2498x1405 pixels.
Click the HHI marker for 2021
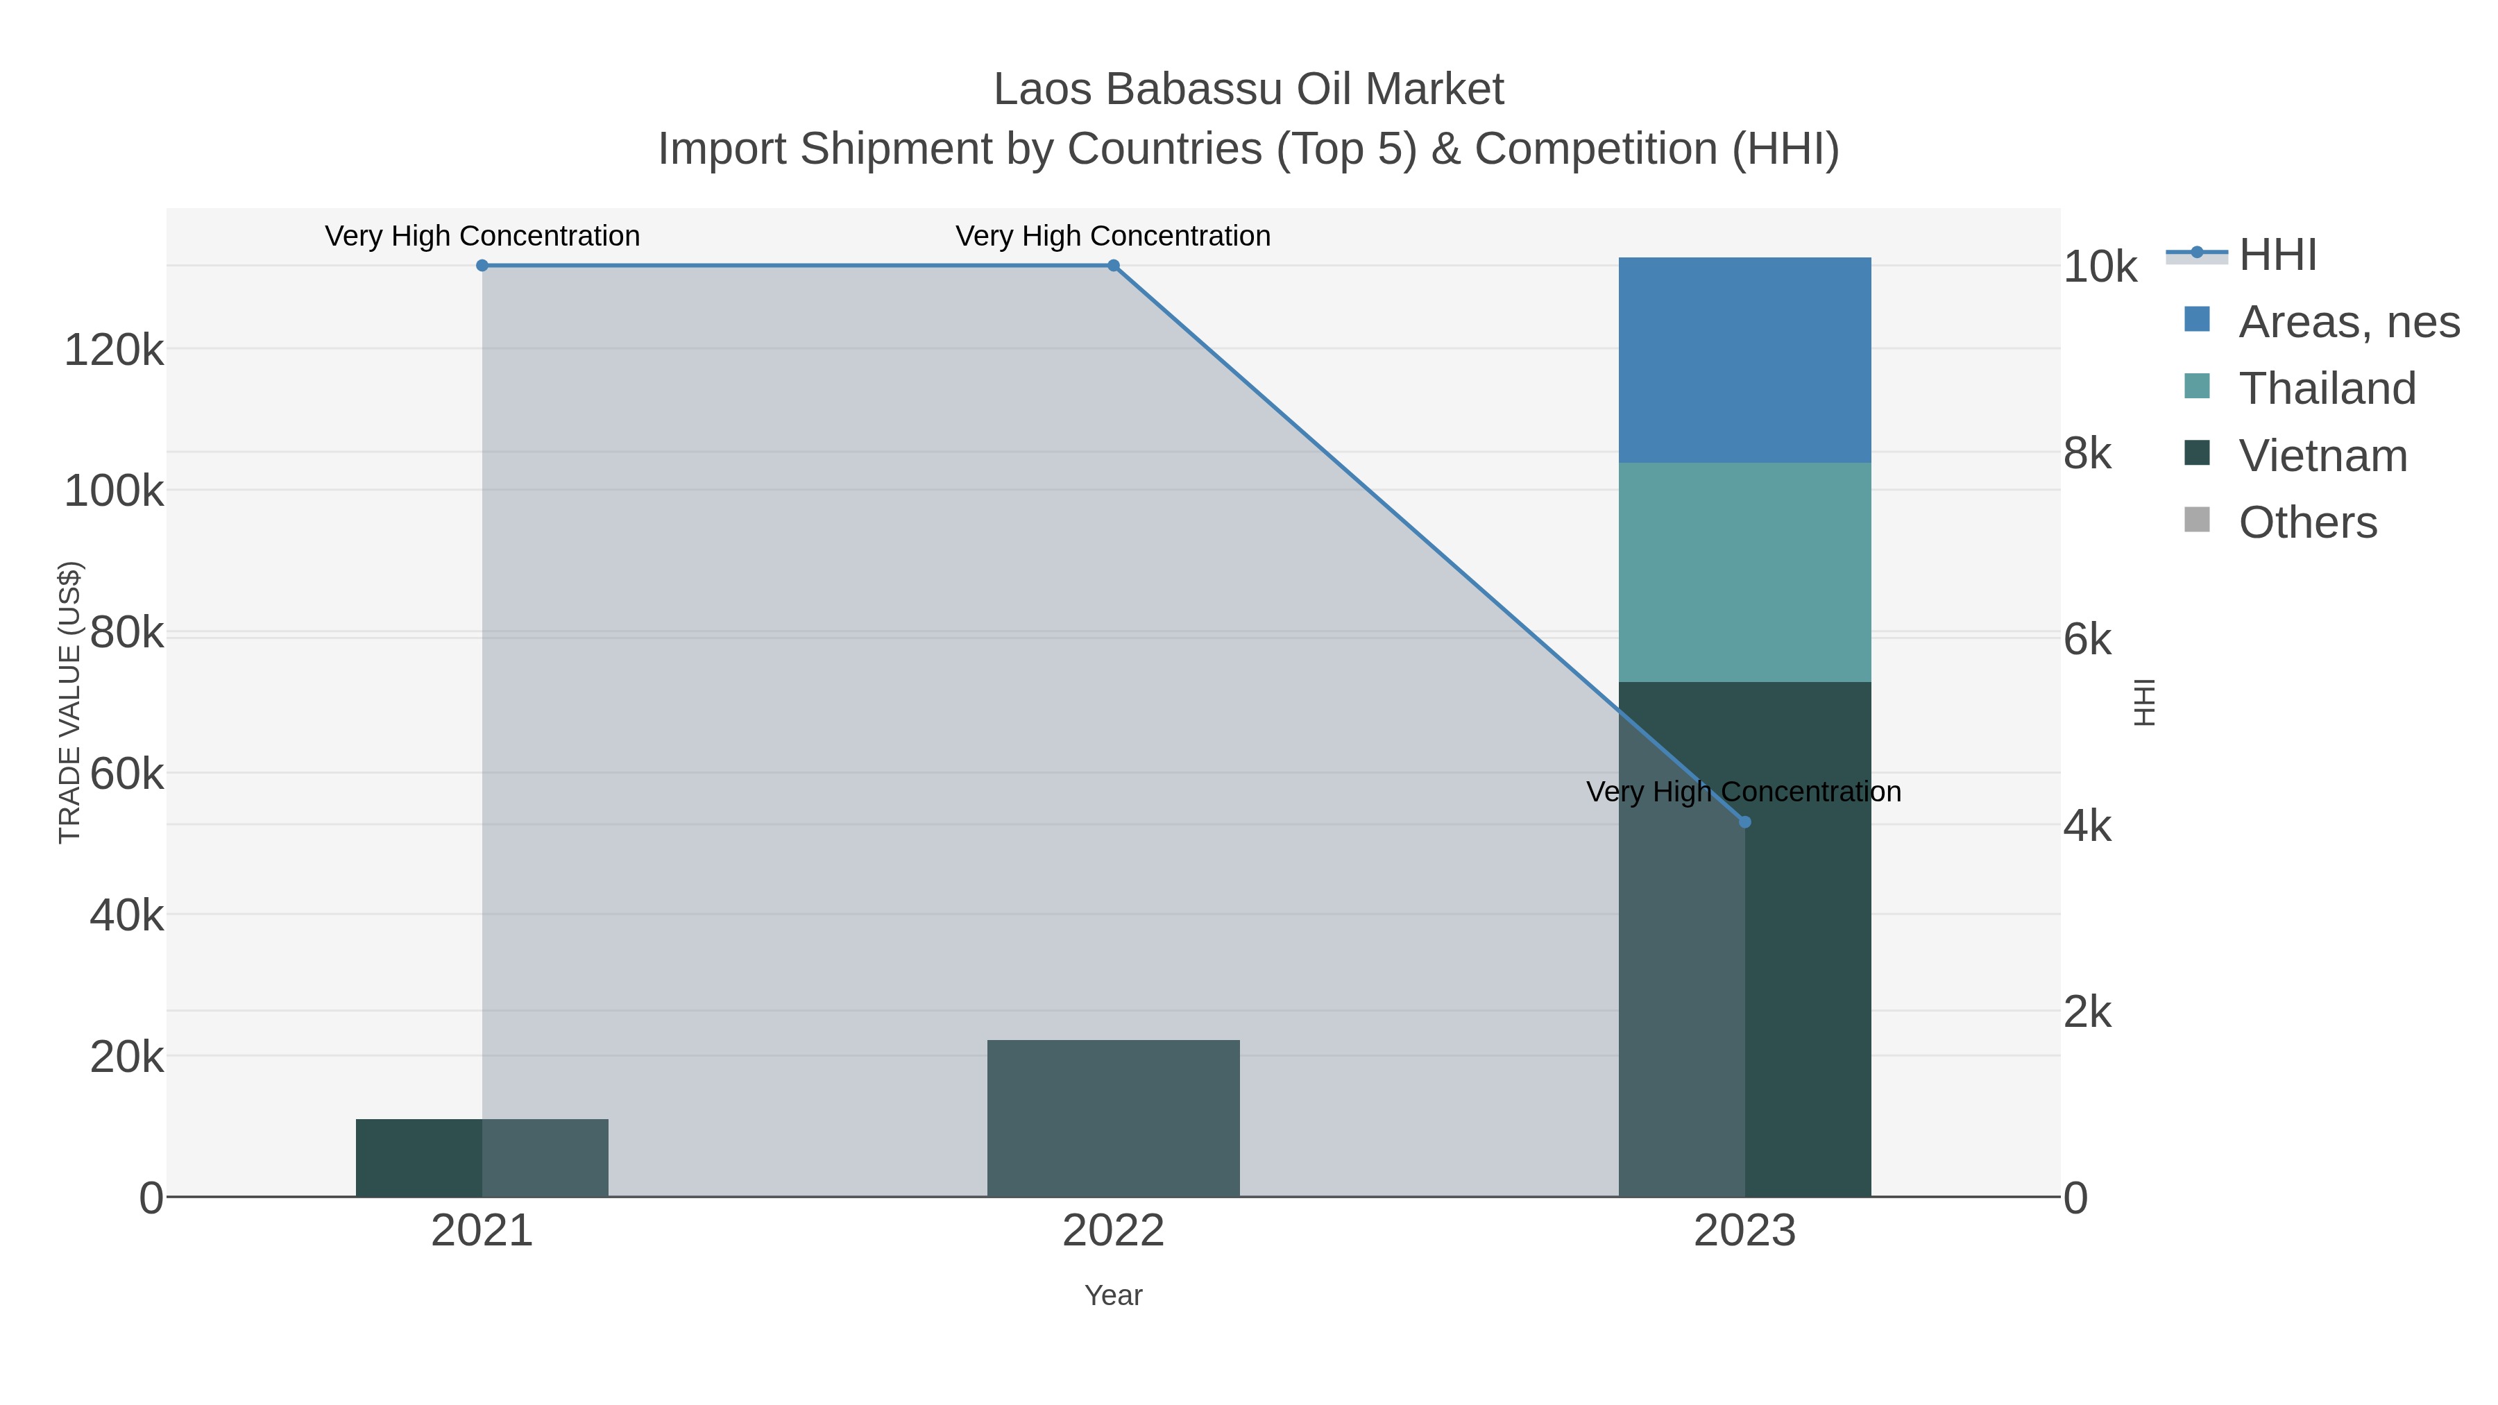[x=482, y=266]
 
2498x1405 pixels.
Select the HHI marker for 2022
[x=1113, y=266]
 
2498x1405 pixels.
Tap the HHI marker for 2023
[x=1744, y=822]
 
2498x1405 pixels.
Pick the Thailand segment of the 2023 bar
[x=1744, y=572]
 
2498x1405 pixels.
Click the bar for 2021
[x=482, y=1158]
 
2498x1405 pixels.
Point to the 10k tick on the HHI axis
[x=2100, y=268]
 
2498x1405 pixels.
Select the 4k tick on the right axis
[x=2087, y=826]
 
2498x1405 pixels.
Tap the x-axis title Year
[x=1113, y=1295]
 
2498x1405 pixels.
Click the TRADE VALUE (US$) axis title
[x=70, y=702]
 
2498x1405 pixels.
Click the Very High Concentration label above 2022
[x=1113, y=236]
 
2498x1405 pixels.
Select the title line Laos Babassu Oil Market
[x=1248, y=90]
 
